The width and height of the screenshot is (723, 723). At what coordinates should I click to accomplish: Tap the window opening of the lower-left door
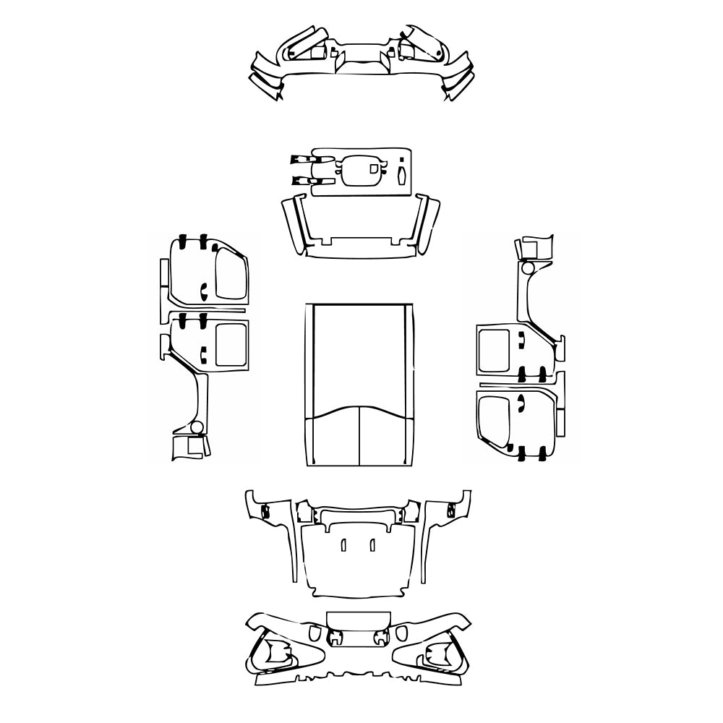pos(231,343)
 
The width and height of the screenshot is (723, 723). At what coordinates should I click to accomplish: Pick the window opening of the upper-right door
pos(495,348)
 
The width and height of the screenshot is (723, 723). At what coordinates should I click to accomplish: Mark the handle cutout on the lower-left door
pos(203,355)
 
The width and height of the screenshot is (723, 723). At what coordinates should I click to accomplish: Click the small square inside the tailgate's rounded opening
pos(373,168)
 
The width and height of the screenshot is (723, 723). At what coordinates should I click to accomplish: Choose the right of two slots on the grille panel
pos(372,544)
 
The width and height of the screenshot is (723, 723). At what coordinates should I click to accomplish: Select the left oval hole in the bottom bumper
pos(314,633)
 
